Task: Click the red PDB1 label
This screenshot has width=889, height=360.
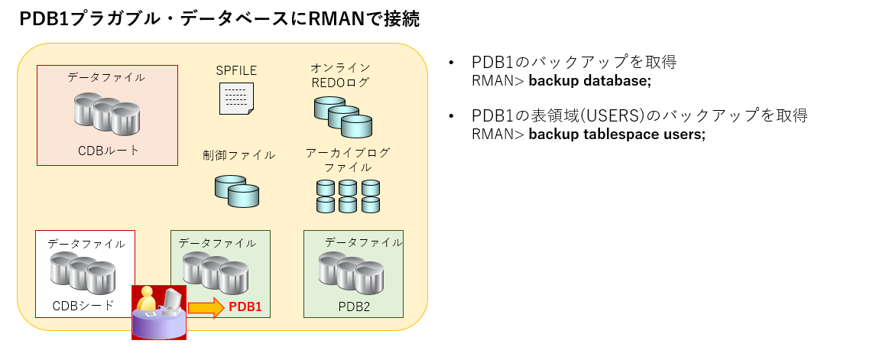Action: (x=245, y=307)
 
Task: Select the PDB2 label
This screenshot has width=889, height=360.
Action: (x=353, y=306)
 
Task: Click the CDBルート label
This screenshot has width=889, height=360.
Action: (x=109, y=150)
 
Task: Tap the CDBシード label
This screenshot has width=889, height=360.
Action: (x=83, y=306)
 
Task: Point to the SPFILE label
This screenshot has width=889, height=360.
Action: (x=236, y=70)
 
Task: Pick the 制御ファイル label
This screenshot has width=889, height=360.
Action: (x=238, y=155)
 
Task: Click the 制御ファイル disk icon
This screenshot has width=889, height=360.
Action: (x=237, y=191)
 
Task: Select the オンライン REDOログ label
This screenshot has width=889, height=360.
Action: (x=340, y=75)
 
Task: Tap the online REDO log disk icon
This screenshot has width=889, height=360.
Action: (x=342, y=115)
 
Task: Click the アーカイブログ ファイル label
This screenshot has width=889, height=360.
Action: (x=348, y=159)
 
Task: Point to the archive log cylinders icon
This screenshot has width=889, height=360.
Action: (x=348, y=196)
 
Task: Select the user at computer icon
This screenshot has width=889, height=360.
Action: (x=159, y=312)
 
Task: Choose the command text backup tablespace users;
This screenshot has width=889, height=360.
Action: (x=616, y=135)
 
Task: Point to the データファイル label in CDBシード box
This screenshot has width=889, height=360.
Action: (x=86, y=244)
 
